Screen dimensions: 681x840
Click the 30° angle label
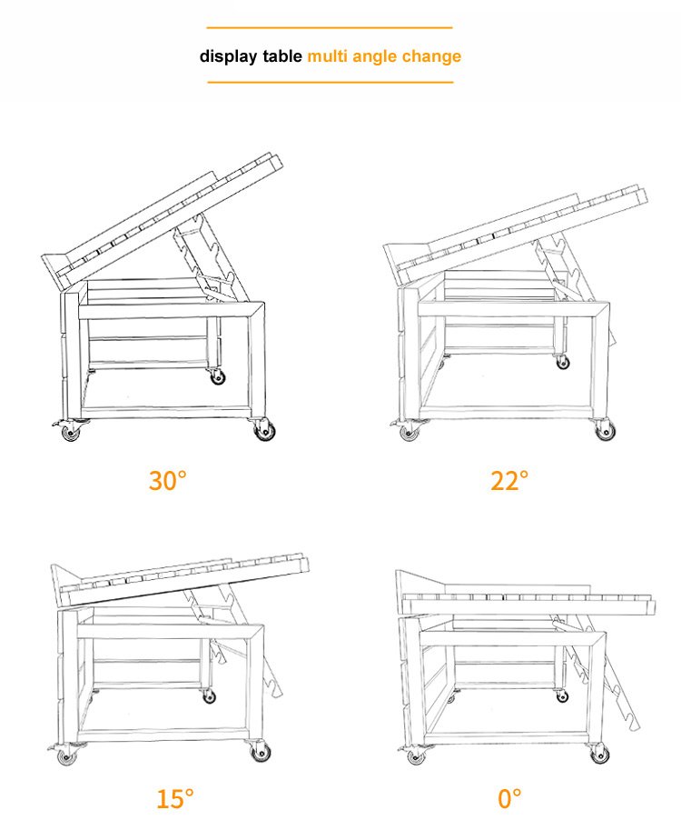168,480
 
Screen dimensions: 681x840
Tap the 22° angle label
509,480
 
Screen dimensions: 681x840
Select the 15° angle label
175,798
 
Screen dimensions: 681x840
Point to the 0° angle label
509,798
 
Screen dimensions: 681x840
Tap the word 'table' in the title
282,55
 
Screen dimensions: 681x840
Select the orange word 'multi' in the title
328,55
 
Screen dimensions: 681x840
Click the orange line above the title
330,27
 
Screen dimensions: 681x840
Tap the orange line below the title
331,83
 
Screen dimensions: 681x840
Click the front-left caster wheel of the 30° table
70,432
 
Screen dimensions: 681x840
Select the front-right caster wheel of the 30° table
265,430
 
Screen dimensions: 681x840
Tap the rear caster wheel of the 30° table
217,377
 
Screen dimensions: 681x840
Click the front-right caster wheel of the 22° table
605,430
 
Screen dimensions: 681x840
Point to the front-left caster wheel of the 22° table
410,431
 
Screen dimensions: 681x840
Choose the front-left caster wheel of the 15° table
67,756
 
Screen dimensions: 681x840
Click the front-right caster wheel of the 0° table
599,755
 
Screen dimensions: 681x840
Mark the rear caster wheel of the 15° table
209,696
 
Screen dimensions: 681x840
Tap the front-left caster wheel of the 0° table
416,756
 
